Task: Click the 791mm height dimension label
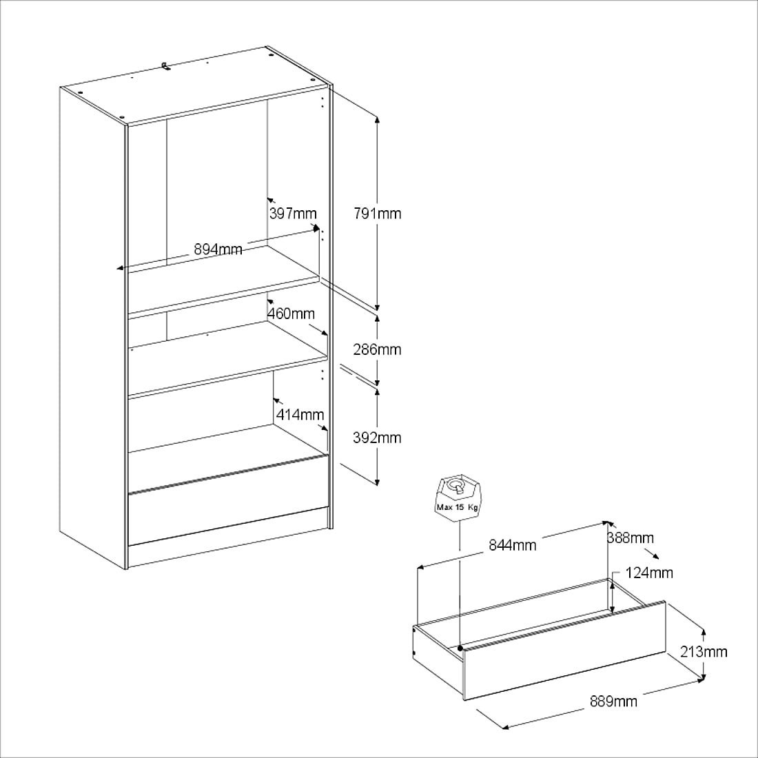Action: pyautogui.click(x=378, y=213)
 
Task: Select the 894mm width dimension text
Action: pyautogui.click(x=218, y=249)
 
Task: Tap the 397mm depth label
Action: pyautogui.click(x=293, y=213)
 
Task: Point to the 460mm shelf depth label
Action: pyautogui.click(x=291, y=314)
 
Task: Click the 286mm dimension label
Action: pyautogui.click(x=377, y=349)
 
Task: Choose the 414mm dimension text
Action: pyautogui.click(x=300, y=414)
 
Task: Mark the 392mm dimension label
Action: pyautogui.click(x=377, y=438)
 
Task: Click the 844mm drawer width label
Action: pyautogui.click(x=513, y=545)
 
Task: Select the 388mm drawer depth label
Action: pyautogui.click(x=631, y=537)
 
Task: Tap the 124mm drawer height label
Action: pyautogui.click(x=649, y=573)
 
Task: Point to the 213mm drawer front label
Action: pyautogui.click(x=704, y=652)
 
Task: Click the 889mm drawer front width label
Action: pyautogui.click(x=613, y=701)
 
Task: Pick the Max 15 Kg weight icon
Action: pyautogui.click(x=458, y=498)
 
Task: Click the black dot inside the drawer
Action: pyautogui.click(x=460, y=648)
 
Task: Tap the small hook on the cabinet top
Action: pyautogui.click(x=166, y=65)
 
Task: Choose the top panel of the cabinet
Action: pyautogui.click(x=196, y=85)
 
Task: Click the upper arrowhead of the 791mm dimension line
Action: pyautogui.click(x=377, y=119)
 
